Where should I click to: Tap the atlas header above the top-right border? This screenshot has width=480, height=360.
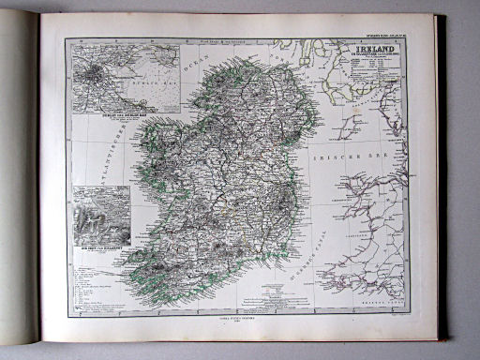pos(385,37)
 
